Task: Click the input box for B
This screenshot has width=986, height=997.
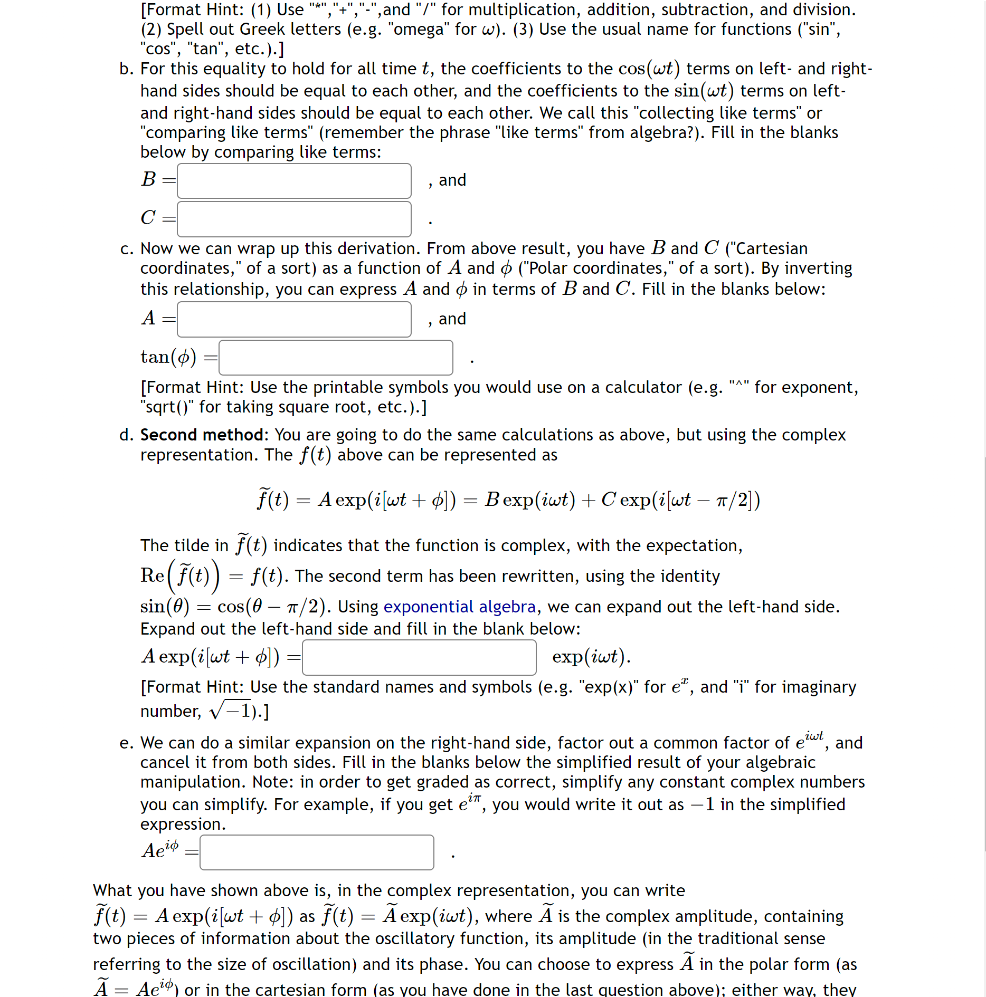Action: [x=294, y=181]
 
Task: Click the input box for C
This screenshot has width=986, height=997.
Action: [x=294, y=219]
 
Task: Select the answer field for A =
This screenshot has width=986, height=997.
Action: [x=294, y=319]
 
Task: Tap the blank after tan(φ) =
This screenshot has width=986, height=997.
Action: [x=336, y=358]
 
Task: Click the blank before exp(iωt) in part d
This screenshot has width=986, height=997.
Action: [x=419, y=657]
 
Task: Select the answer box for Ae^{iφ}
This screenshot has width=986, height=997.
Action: [x=317, y=852]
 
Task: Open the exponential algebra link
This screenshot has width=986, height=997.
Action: [x=459, y=607]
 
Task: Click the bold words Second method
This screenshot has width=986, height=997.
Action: [x=202, y=435]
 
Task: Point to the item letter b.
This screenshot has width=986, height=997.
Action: [x=126, y=69]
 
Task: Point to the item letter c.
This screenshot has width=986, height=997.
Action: [x=126, y=249]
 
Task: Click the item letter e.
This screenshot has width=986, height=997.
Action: [x=126, y=743]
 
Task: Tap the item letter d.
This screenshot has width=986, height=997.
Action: [x=126, y=435]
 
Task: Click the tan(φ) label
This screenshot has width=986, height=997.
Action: [x=168, y=357]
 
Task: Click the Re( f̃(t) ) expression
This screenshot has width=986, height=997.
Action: [x=179, y=576]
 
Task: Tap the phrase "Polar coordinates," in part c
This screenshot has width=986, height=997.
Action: [x=599, y=269]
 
